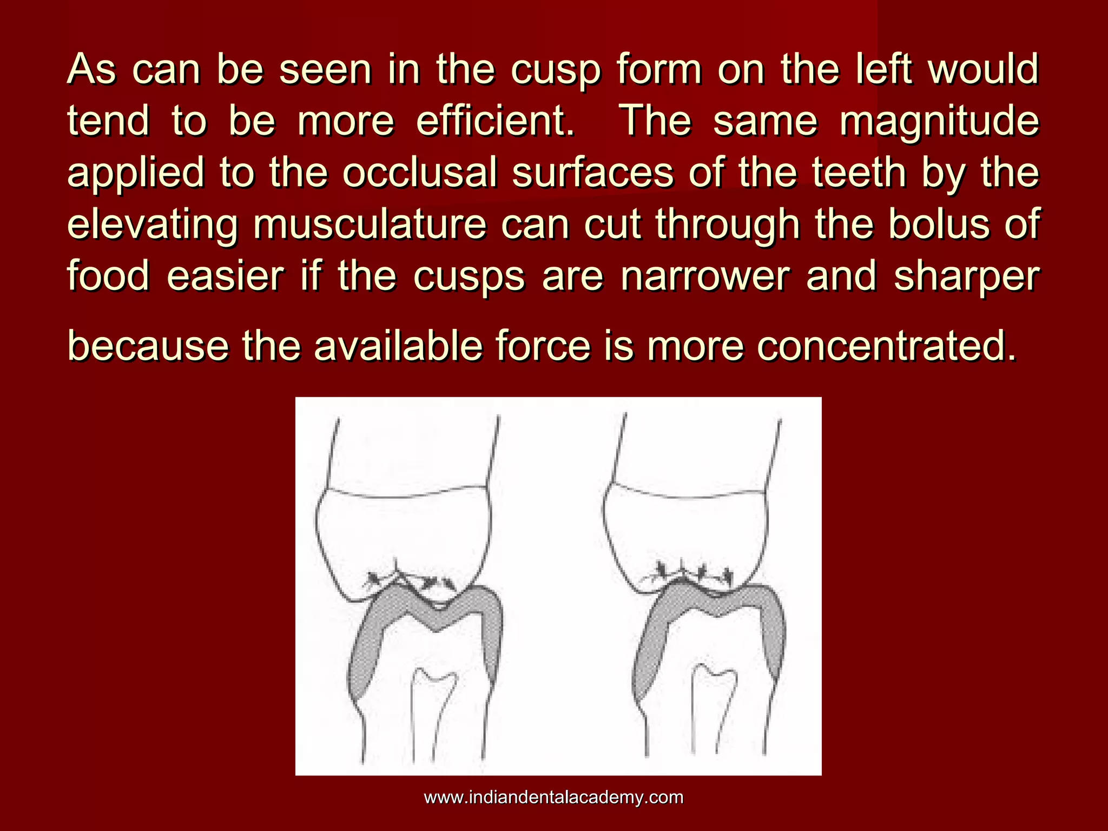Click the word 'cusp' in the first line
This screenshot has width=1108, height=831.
[x=555, y=70]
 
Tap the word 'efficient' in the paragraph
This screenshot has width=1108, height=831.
[x=494, y=121]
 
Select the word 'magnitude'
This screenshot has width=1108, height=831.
[x=939, y=121]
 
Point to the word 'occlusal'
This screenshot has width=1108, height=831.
[x=419, y=173]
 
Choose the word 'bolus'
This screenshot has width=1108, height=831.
[x=942, y=225]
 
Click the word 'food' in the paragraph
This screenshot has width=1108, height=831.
[x=108, y=276]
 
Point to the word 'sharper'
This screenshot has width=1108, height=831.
[x=966, y=276]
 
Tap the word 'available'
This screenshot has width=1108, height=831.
[x=398, y=346]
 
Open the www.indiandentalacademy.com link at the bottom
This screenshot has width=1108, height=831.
[x=553, y=797]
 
